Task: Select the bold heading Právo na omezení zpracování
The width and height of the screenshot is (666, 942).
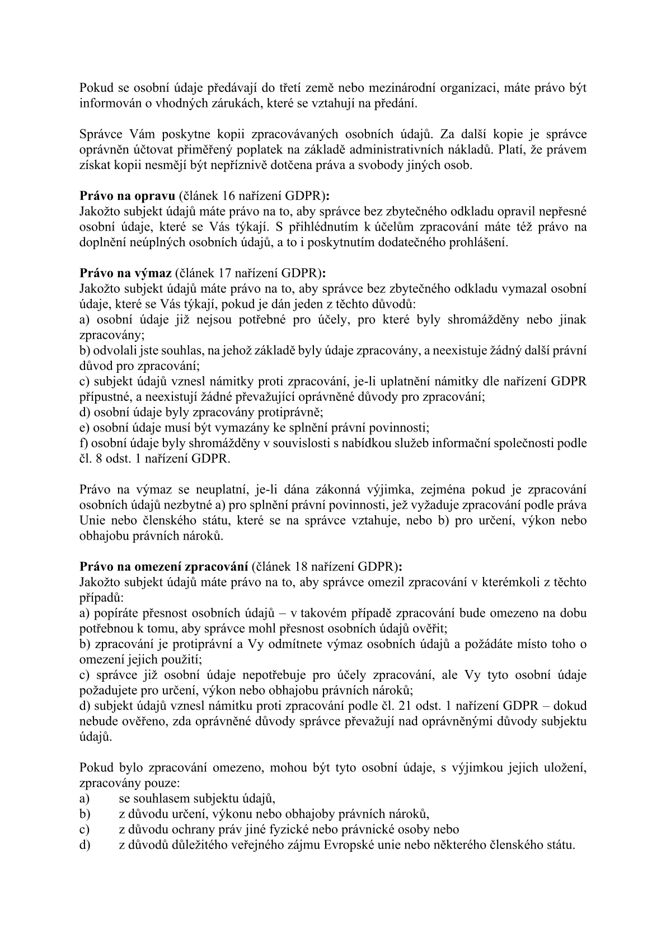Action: click(x=164, y=566)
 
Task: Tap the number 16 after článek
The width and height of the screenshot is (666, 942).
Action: click(x=231, y=196)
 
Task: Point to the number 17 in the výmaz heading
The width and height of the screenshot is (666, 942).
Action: click(x=228, y=274)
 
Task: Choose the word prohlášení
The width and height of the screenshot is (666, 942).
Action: click(x=480, y=243)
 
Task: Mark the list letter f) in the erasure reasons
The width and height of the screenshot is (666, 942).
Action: click(x=83, y=443)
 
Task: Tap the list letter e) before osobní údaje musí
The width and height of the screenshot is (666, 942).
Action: click(x=84, y=428)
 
